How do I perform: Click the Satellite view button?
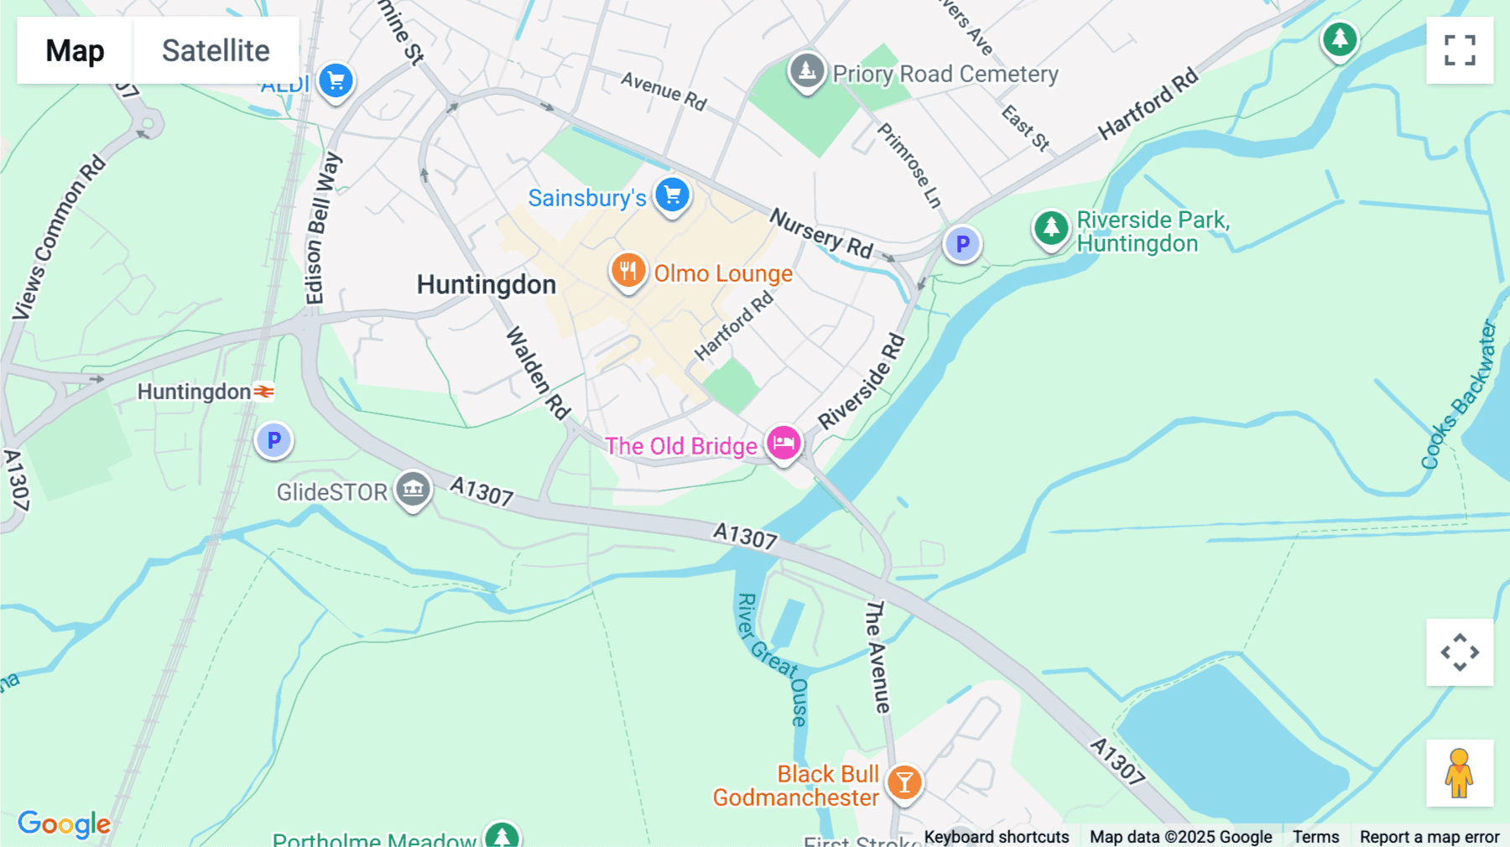[216, 50]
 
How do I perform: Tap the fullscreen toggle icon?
[1460, 50]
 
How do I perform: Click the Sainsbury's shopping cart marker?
[672, 195]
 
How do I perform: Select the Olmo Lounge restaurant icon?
[627, 271]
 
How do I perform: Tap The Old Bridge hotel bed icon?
[784, 442]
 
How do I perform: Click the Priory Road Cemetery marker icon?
[807, 70]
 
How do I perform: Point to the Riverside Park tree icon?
[1051, 226]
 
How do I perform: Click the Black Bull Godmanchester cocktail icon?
[904, 782]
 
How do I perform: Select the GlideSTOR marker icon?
[413, 488]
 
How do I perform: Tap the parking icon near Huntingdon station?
[273, 440]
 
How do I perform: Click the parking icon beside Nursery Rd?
[962, 244]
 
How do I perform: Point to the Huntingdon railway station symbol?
[264, 392]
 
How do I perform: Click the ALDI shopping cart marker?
[336, 81]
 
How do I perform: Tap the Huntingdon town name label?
[487, 285]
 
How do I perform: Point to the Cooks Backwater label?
[1459, 394]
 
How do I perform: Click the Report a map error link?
[1429, 837]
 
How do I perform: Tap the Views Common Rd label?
[59, 237]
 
